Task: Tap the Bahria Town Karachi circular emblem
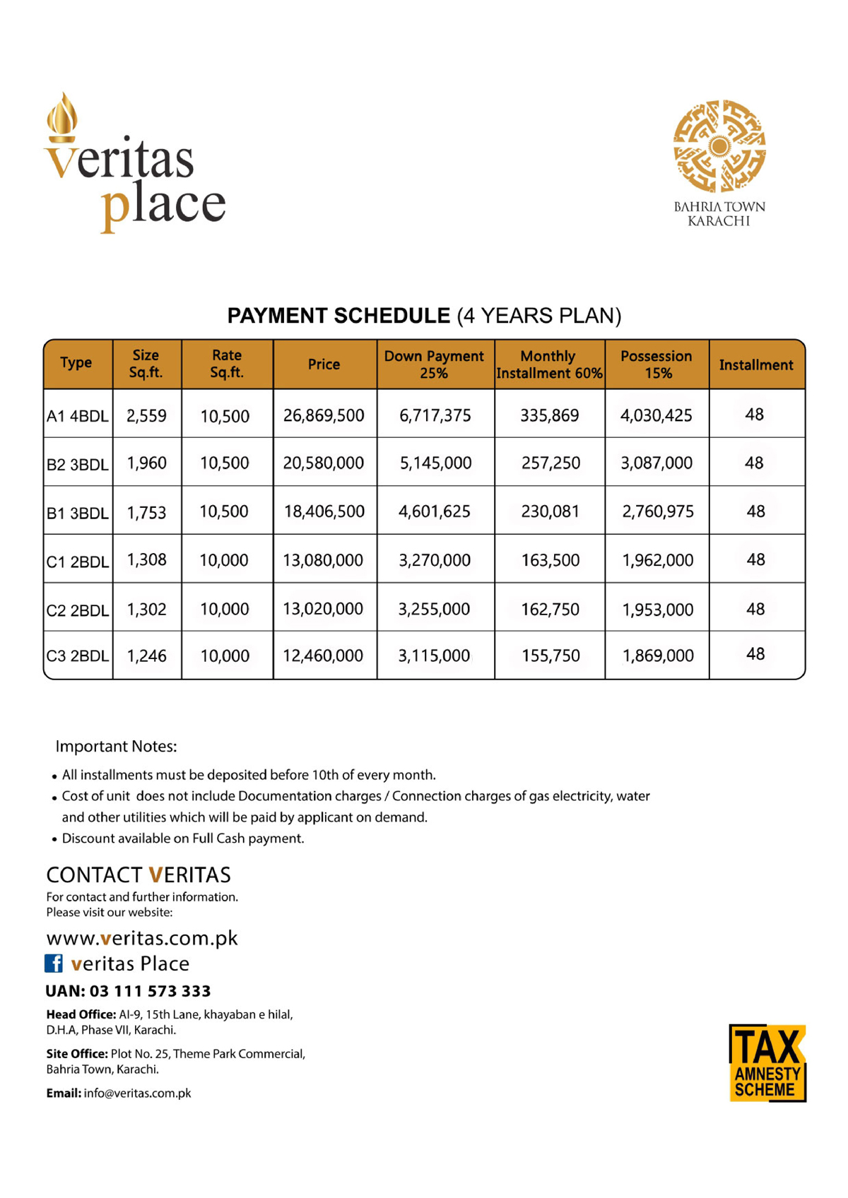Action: [x=719, y=146]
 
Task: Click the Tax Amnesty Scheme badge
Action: [x=767, y=1062]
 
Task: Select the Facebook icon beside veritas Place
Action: [x=54, y=963]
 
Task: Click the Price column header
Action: [x=324, y=364]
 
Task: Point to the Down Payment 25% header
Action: [x=434, y=364]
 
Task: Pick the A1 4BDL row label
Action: [x=77, y=416]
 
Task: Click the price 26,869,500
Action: [x=324, y=415]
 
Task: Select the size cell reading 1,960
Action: [x=147, y=463]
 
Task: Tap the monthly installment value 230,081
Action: [x=550, y=511]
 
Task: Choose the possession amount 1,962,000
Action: [x=657, y=560]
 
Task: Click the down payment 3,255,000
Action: [x=434, y=609]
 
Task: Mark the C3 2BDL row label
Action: [x=77, y=656]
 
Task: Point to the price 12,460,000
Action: [x=324, y=656]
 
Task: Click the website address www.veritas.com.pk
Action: [x=142, y=938]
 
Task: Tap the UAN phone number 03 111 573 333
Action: [x=150, y=991]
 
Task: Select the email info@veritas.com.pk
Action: [x=137, y=1093]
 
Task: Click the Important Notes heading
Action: [x=116, y=746]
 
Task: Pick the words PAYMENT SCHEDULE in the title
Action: [x=338, y=316]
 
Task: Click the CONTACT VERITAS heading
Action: [x=139, y=874]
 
